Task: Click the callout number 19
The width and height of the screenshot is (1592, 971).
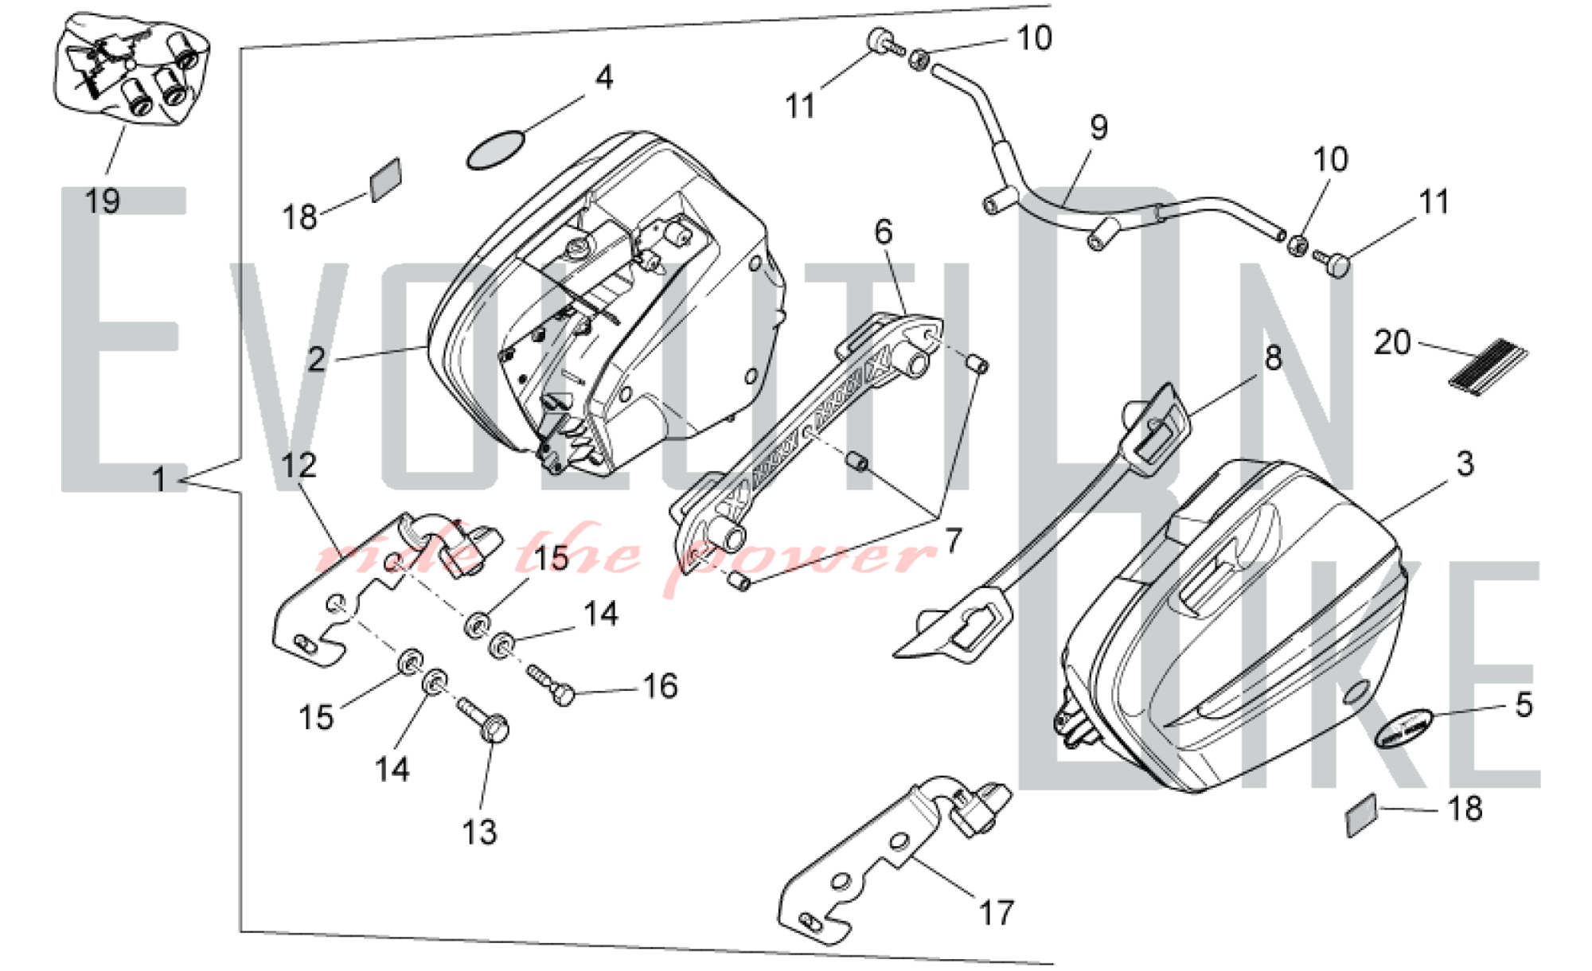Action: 103,201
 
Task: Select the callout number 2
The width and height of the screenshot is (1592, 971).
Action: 317,360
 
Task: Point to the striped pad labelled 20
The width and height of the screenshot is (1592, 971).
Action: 1488,367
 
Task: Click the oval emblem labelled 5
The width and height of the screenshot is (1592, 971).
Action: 1404,727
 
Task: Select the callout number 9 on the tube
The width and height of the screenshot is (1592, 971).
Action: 1098,127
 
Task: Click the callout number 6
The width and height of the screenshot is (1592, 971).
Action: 884,232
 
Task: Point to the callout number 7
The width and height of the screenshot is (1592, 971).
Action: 953,541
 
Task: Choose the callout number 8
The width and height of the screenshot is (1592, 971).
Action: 1273,358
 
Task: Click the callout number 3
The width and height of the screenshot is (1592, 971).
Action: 1465,463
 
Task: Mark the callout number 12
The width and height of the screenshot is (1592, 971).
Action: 298,466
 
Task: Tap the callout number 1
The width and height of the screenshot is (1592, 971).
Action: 159,480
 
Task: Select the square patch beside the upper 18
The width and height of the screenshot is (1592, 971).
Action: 386,179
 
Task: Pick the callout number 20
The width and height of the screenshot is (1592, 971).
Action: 1392,342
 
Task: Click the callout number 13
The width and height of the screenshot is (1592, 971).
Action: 479,833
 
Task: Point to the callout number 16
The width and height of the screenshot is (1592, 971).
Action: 660,686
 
